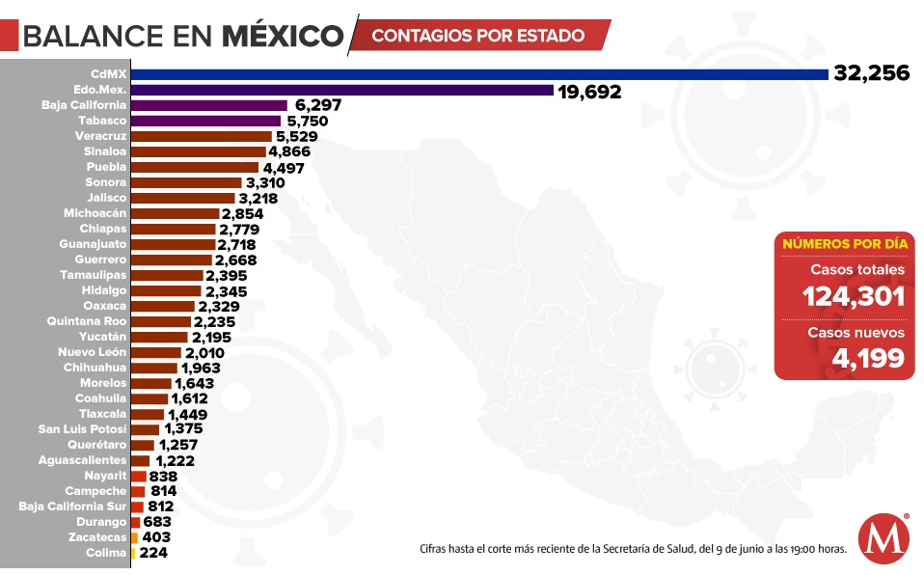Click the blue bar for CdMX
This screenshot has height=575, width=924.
(479, 74)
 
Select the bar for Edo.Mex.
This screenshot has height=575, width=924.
(341, 90)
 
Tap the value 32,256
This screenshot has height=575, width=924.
(870, 74)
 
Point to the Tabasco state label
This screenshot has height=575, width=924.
(102, 121)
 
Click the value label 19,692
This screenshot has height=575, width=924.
(588, 91)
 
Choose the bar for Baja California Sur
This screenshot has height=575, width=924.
(137, 507)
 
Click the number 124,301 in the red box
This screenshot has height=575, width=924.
(854, 296)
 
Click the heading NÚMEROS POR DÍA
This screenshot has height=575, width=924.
(844, 244)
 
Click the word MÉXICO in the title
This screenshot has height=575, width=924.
(283, 37)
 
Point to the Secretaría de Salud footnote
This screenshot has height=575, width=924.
(633, 549)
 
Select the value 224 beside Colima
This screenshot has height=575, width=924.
(154, 553)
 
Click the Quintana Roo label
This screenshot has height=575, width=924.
(87, 321)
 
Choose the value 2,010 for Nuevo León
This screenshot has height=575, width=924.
(204, 352)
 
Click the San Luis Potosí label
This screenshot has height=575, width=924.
(82, 429)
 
